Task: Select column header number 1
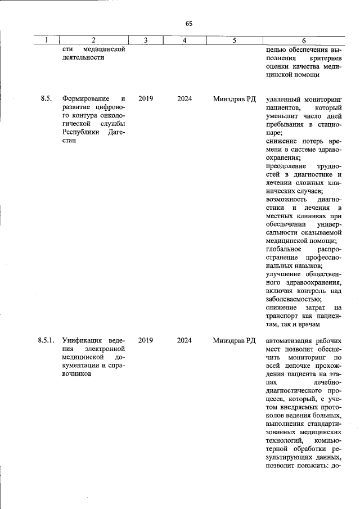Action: click(47, 40)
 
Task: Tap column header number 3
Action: click(145, 40)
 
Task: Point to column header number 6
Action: click(304, 40)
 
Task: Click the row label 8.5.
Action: click(46, 99)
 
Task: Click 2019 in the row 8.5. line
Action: click(145, 99)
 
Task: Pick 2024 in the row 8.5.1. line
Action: click(184, 340)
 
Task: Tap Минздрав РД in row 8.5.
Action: click(234, 99)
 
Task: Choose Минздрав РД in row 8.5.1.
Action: click(234, 340)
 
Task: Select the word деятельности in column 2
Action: click(83, 58)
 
